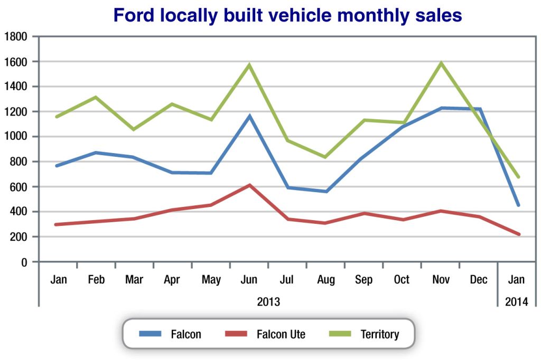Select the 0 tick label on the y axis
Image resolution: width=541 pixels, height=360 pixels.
(24, 262)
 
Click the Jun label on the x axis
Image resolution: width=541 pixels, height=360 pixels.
(249, 280)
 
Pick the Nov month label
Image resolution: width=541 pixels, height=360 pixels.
(441, 280)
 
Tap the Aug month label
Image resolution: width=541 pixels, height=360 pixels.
(326, 280)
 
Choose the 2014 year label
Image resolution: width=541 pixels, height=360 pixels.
(517, 302)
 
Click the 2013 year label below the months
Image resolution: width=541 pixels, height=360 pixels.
(268, 302)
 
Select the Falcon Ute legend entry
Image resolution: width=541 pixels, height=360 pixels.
(281, 334)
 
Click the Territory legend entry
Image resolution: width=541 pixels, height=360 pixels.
(379, 334)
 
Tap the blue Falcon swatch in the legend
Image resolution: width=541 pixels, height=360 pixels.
(151, 334)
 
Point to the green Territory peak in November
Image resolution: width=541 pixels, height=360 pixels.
(441, 63)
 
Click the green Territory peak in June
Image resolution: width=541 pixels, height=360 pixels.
(249, 65)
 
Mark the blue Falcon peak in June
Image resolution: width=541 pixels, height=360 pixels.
(249, 116)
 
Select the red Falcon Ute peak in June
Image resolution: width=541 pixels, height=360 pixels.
(249, 185)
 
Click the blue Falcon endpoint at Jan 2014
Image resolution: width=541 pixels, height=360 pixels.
(518, 205)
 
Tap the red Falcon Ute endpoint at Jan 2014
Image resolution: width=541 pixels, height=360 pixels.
(519, 234)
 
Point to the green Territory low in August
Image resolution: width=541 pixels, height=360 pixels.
(326, 157)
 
